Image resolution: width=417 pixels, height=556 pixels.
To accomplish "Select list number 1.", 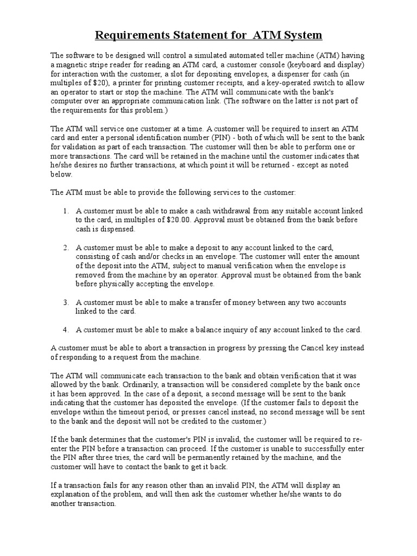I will coord(65,210).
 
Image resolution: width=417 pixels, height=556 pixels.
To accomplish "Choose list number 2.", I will coord(65,247).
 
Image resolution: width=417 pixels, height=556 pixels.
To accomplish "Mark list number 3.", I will coord(65,302).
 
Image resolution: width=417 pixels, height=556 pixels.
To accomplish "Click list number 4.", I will coord(65,329).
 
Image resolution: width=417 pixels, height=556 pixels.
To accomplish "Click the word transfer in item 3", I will coord(208,302).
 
